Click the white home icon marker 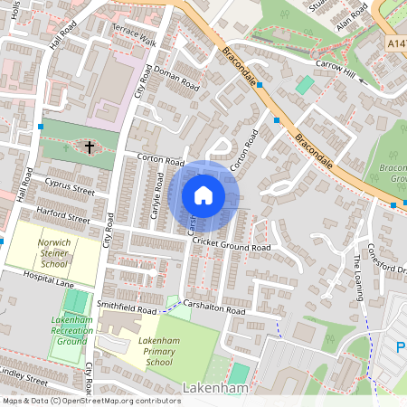point(203,195)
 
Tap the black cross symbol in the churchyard point(90,145)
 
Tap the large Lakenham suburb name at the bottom point(215,387)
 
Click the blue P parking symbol point(401,347)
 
